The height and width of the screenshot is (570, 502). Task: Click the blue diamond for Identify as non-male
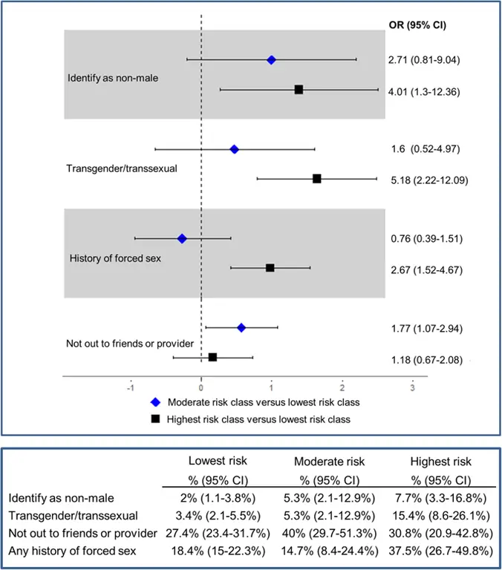271,59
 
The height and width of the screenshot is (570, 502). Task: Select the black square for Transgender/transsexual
317,179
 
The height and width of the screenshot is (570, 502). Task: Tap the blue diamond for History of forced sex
182,238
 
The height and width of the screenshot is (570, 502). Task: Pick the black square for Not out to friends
213,357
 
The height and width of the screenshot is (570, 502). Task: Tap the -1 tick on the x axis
131,387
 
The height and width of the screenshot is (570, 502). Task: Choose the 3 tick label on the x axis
412,387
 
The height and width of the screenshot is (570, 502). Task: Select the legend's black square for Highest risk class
156,419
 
